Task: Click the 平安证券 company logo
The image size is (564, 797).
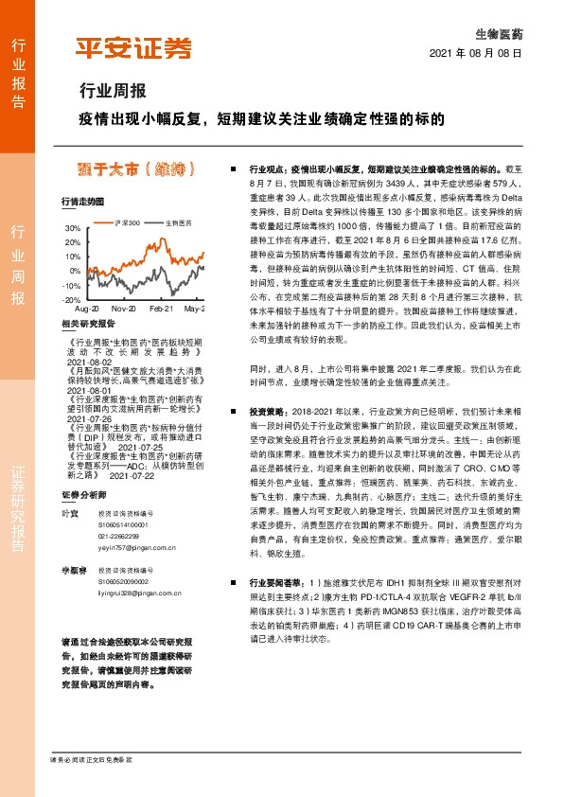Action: tap(132, 48)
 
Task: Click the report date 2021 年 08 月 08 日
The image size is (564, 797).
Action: tap(475, 54)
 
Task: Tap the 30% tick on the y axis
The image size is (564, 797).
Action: tap(72, 229)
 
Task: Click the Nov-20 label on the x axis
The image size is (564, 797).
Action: tap(124, 309)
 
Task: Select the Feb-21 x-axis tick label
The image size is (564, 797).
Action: tap(162, 309)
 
